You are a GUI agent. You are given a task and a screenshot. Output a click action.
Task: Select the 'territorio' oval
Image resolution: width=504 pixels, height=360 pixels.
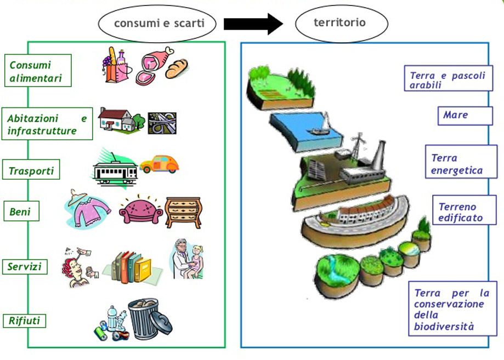coord(341,23)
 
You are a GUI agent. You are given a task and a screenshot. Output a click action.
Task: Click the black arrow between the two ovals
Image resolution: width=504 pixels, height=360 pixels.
coord(253,24)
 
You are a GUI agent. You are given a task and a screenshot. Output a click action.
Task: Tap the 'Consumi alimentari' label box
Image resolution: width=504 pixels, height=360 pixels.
coord(38,71)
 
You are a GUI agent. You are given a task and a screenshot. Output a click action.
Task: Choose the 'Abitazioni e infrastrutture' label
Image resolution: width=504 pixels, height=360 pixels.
coord(48,124)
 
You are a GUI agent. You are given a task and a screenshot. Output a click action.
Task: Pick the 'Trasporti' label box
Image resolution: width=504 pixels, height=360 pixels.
coord(32,170)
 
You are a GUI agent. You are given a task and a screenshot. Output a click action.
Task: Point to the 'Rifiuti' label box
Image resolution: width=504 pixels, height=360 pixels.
coord(25,321)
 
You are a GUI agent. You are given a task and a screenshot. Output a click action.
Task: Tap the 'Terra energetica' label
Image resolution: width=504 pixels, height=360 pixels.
coord(461,163)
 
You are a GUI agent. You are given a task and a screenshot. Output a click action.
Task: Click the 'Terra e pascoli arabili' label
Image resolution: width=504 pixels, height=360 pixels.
coord(448,81)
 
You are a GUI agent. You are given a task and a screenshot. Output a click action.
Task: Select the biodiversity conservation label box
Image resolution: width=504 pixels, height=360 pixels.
coord(452,310)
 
